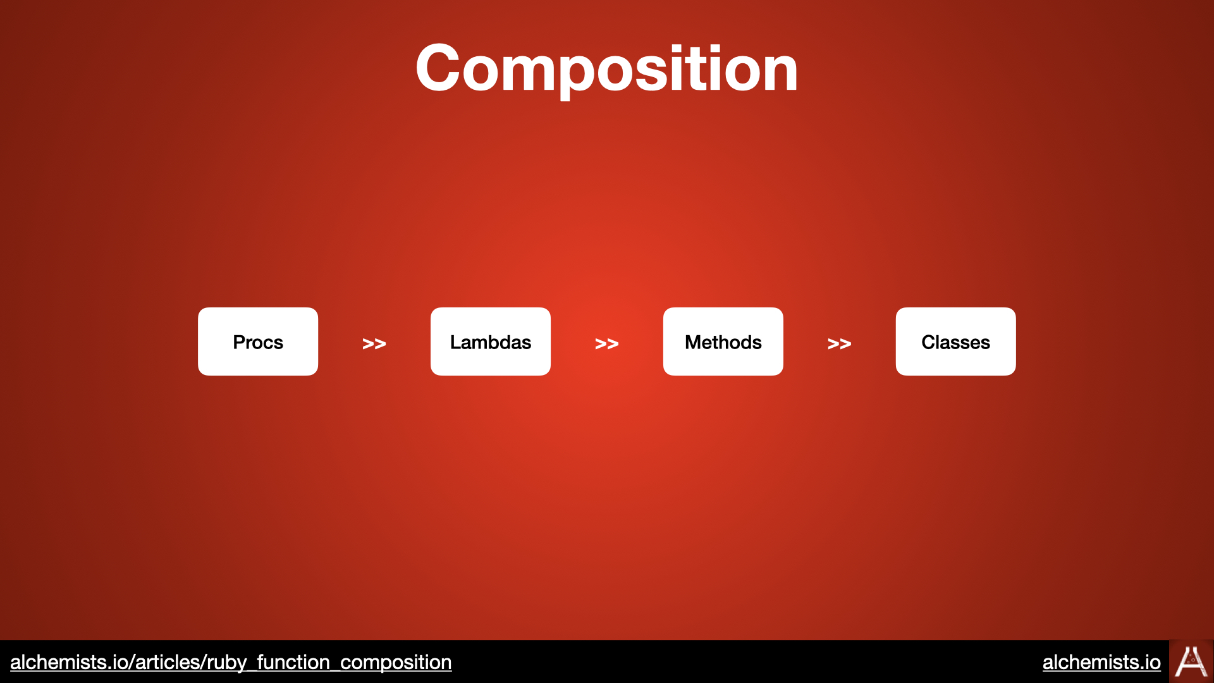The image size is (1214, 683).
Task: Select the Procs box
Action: (x=258, y=341)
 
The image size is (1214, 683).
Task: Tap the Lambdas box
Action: (x=491, y=341)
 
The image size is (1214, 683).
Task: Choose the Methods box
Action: (x=723, y=341)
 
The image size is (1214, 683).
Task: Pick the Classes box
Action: (x=956, y=341)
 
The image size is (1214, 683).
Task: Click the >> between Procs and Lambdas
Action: (x=374, y=343)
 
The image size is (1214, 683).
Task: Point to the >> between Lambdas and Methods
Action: (x=607, y=343)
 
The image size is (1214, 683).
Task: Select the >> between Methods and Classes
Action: (x=840, y=343)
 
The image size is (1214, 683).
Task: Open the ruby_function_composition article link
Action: (x=231, y=662)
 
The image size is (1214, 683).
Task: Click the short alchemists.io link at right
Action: (x=1101, y=662)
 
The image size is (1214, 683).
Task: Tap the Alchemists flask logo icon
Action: (x=1191, y=661)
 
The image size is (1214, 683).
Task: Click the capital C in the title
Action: (x=438, y=68)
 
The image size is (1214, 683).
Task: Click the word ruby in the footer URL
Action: (x=227, y=663)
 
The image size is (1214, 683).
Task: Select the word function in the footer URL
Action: (x=293, y=662)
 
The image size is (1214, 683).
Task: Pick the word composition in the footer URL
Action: (x=396, y=663)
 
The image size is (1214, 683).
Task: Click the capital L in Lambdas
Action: (x=456, y=342)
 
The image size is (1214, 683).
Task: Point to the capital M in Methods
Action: (x=693, y=342)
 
